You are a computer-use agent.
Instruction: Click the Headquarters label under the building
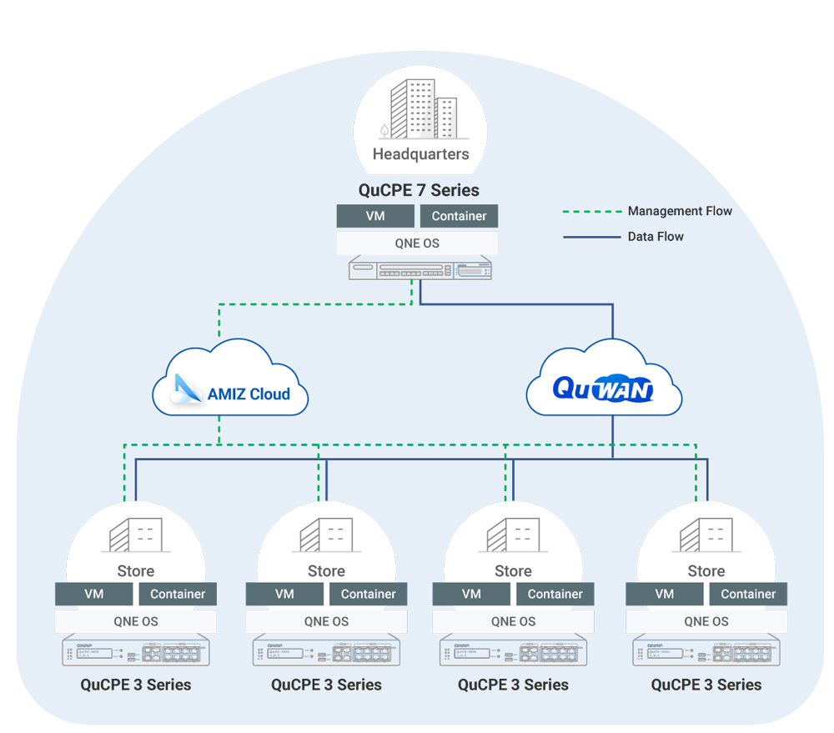[x=420, y=154]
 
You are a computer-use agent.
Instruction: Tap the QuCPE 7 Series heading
[x=419, y=190]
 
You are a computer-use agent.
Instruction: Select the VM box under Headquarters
[x=375, y=216]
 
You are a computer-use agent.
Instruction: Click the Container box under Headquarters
[x=459, y=216]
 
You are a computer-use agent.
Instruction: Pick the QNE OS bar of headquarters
[x=417, y=243]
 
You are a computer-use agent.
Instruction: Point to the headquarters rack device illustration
[x=420, y=269]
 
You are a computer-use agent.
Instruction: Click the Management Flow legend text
[x=680, y=211]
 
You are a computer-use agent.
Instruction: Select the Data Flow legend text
[x=656, y=237]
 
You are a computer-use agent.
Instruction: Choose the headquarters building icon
[x=422, y=110]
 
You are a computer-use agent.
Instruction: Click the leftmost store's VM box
[x=94, y=594]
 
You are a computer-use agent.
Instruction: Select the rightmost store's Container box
[x=748, y=594]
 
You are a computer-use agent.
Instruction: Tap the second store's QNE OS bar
[x=326, y=621]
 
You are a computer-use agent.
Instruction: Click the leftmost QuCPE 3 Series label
[x=136, y=685]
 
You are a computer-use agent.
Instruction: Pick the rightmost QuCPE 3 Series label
[x=706, y=685]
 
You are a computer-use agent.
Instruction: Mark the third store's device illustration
[x=513, y=652]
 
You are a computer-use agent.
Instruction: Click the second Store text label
[x=326, y=571]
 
